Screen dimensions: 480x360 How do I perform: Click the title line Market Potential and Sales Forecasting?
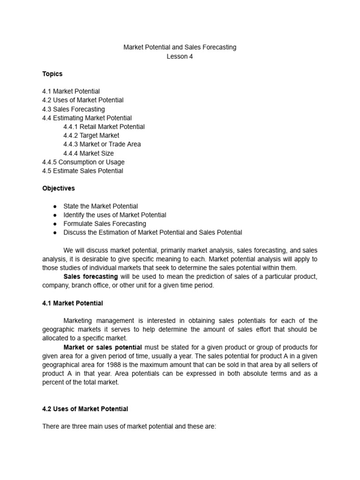coord(180,47)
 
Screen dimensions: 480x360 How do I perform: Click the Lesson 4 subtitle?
coord(180,57)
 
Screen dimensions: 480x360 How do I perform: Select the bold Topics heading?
coord(52,74)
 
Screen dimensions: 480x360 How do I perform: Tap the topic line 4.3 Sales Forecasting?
coord(73,109)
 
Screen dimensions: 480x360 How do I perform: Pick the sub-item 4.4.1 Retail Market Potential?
coord(104,127)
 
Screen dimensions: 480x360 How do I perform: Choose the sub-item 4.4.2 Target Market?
coord(91,135)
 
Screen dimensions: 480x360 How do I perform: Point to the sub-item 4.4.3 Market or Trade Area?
coord(102,144)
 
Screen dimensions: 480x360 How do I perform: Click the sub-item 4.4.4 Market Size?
coord(89,153)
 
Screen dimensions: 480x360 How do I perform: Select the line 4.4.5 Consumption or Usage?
coord(83,162)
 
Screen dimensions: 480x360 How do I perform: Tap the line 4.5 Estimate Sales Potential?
coord(82,171)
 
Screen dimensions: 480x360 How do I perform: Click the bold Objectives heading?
coord(59,188)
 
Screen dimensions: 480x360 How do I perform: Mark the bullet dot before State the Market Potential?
coord(55,206)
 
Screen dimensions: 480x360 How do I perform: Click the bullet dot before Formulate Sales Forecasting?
coord(55,224)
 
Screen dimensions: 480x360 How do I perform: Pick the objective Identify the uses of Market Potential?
coord(115,215)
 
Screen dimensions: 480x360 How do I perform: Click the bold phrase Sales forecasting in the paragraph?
coord(90,277)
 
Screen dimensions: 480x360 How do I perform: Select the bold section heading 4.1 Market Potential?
coord(73,303)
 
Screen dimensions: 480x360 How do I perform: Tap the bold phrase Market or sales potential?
coord(103,347)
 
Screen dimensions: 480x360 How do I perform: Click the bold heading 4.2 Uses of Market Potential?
coord(85,409)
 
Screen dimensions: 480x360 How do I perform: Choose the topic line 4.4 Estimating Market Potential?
coord(87,118)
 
